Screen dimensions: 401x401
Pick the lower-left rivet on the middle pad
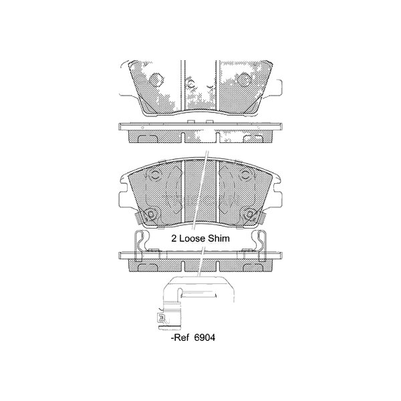pos(150,214)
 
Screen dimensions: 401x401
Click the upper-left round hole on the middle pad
pos(154,176)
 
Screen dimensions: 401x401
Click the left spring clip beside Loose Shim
pos(140,242)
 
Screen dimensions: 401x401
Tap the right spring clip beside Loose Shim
pos(262,242)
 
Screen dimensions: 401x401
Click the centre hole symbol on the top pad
pos(190,84)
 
